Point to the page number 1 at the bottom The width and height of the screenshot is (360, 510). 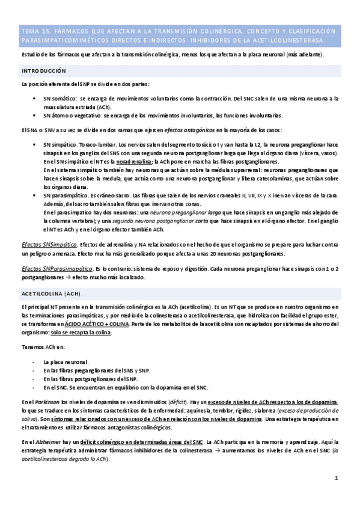pos(337,478)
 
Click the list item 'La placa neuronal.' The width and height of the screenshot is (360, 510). pos(66,362)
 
